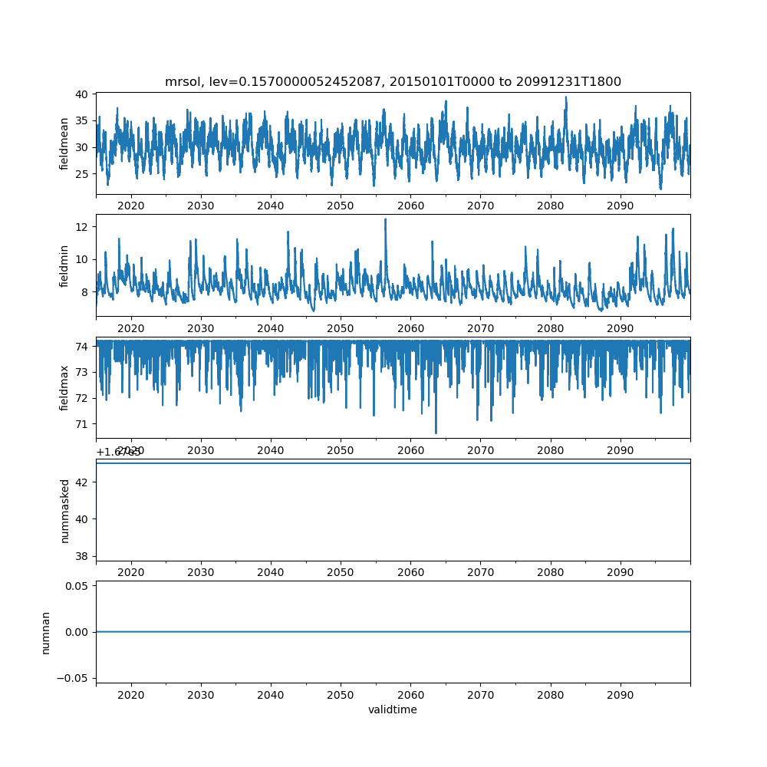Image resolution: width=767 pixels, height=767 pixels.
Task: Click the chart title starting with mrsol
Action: tap(393, 81)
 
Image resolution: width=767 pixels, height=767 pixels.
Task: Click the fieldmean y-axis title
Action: tap(65, 143)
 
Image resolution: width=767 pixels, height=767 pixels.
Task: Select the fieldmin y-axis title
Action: tap(65, 265)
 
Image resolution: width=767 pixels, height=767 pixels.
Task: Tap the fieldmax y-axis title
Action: tap(65, 387)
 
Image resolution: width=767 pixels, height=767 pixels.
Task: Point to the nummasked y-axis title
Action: tap(65, 510)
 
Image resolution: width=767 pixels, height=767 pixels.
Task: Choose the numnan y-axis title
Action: tap(46, 632)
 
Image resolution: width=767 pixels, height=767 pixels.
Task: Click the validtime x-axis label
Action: tap(393, 709)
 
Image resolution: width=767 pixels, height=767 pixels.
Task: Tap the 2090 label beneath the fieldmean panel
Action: tap(620, 206)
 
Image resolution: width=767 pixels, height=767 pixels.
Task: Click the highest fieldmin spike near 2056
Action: tap(385, 219)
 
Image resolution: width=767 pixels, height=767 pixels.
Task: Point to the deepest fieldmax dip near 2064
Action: tap(436, 433)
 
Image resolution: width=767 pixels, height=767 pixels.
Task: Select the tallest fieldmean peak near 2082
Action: tap(566, 97)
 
